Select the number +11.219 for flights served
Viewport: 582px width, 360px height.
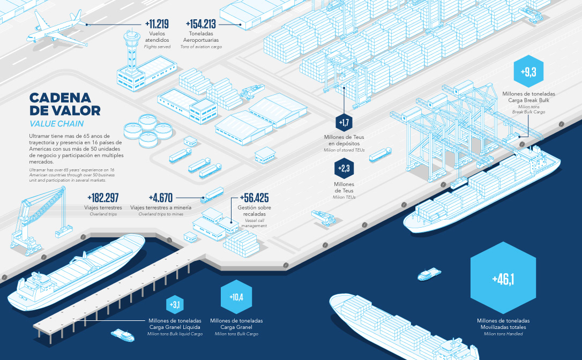pos(156,24)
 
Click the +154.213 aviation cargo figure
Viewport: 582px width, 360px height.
pos(201,24)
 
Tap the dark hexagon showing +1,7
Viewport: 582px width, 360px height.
pos(344,123)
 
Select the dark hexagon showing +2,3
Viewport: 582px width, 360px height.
pos(344,169)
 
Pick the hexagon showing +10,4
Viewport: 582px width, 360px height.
pos(236,297)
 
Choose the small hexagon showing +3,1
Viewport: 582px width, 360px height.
pos(175,305)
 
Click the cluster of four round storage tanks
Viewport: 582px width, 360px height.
pos(140,131)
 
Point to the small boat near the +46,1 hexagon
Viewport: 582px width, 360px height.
pos(430,274)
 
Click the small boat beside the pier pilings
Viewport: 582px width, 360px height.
pos(123,335)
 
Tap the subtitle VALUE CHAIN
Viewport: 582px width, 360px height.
pos(57,124)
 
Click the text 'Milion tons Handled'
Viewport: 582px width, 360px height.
pos(503,334)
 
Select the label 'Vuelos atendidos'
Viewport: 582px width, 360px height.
pos(157,37)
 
